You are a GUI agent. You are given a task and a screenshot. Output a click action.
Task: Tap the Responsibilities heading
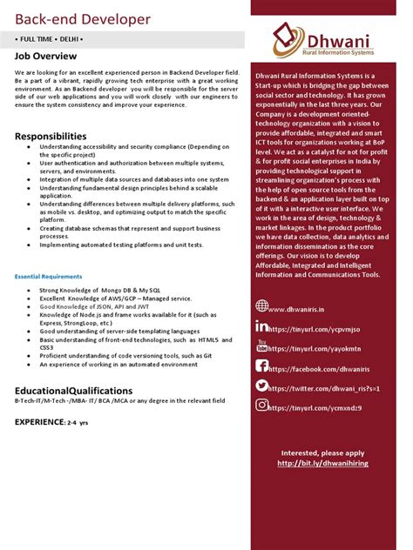coord(51,137)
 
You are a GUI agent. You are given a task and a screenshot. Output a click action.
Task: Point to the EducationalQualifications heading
coord(74,391)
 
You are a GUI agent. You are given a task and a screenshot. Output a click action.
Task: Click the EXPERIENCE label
coord(39,421)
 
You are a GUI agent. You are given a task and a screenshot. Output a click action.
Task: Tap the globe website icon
coord(262,305)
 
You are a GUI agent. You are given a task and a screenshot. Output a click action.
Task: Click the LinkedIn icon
coord(262,325)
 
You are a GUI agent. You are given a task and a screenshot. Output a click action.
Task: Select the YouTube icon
coord(262,345)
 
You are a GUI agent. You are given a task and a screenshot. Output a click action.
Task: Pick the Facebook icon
coord(262,366)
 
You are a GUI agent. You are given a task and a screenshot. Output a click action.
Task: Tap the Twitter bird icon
coord(262,386)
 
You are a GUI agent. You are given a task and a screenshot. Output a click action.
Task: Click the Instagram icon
coord(262,405)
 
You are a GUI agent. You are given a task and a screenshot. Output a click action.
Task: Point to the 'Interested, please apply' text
coord(322,453)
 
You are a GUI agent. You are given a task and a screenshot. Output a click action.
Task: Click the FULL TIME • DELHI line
coord(50,40)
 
